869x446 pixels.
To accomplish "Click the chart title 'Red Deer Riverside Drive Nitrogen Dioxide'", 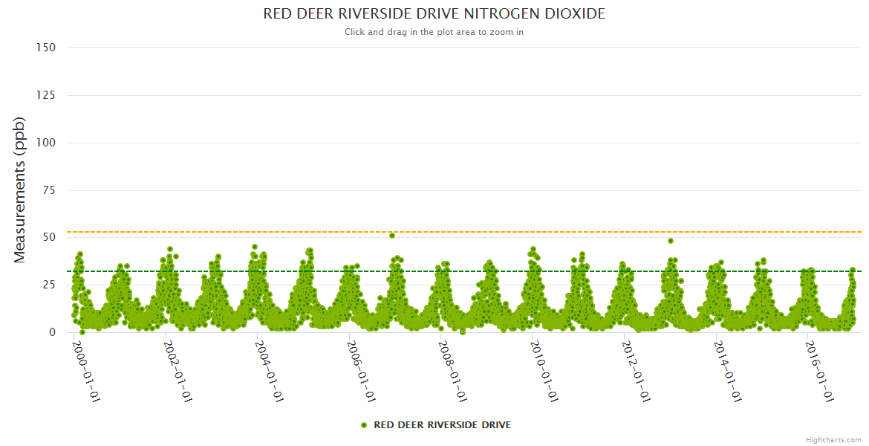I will point(434,14).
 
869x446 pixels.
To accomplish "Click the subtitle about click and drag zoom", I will point(434,32).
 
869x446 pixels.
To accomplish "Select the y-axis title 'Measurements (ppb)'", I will point(20,190).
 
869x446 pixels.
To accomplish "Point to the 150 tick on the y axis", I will point(46,48).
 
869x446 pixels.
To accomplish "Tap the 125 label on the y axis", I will point(46,95).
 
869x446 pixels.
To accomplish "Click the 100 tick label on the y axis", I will point(46,143).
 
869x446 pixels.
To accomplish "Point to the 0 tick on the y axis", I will point(52,332).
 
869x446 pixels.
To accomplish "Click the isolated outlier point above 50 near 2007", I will point(392,236).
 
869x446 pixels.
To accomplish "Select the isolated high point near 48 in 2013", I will point(671,241).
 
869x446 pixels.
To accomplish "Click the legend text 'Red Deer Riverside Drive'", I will point(442,425).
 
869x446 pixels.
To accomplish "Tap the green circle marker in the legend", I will point(364,425).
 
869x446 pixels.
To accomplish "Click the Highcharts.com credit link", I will point(833,439).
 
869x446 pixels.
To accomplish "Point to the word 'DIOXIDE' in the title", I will point(575,14).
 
